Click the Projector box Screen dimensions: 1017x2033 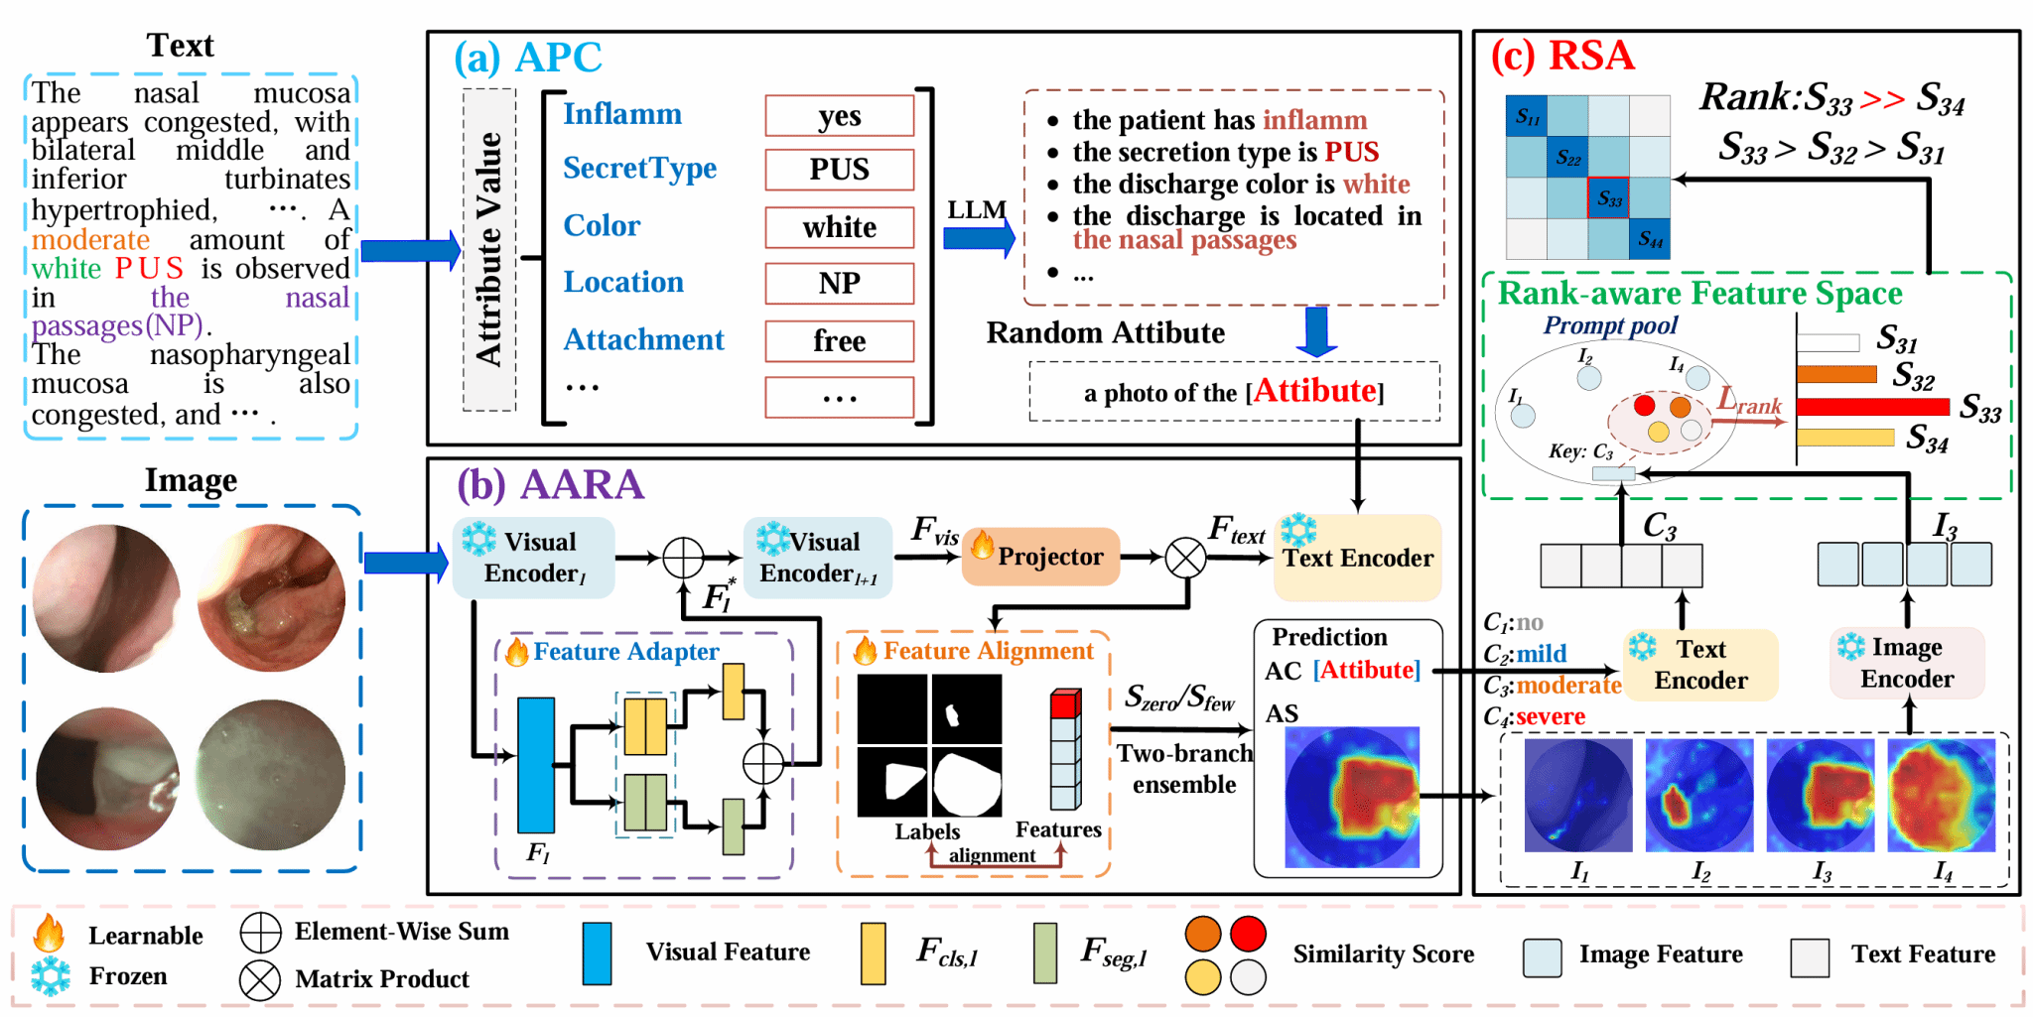click(x=1040, y=557)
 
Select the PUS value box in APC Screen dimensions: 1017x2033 click(x=839, y=170)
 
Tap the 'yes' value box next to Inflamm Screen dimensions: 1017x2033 click(x=839, y=116)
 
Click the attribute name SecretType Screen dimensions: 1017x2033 click(x=639, y=168)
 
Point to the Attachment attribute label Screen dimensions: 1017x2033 click(x=643, y=339)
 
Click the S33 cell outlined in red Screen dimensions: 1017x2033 click(x=1608, y=198)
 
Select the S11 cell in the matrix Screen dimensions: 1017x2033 click(x=1527, y=117)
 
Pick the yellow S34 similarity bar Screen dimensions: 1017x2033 click(x=1844, y=437)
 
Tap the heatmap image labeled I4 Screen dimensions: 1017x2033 click(x=1941, y=795)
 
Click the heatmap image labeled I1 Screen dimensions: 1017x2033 click(x=1578, y=795)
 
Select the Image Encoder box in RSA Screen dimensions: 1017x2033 click(x=1906, y=663)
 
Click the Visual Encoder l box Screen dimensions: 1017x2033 click(x=534, y=558)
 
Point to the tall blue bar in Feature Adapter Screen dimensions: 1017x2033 click(x=536, y=764)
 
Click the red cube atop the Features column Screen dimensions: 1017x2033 click(x=1064, y=704)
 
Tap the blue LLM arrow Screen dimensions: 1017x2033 click(x=979, y=238)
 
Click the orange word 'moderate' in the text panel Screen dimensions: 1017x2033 click(x=90, y=240)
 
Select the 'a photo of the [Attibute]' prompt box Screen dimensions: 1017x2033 click(x=1234, y=392)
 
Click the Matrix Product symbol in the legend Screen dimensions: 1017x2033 click(x=260, y=980)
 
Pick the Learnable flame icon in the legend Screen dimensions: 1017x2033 click(x=49, y=934)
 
